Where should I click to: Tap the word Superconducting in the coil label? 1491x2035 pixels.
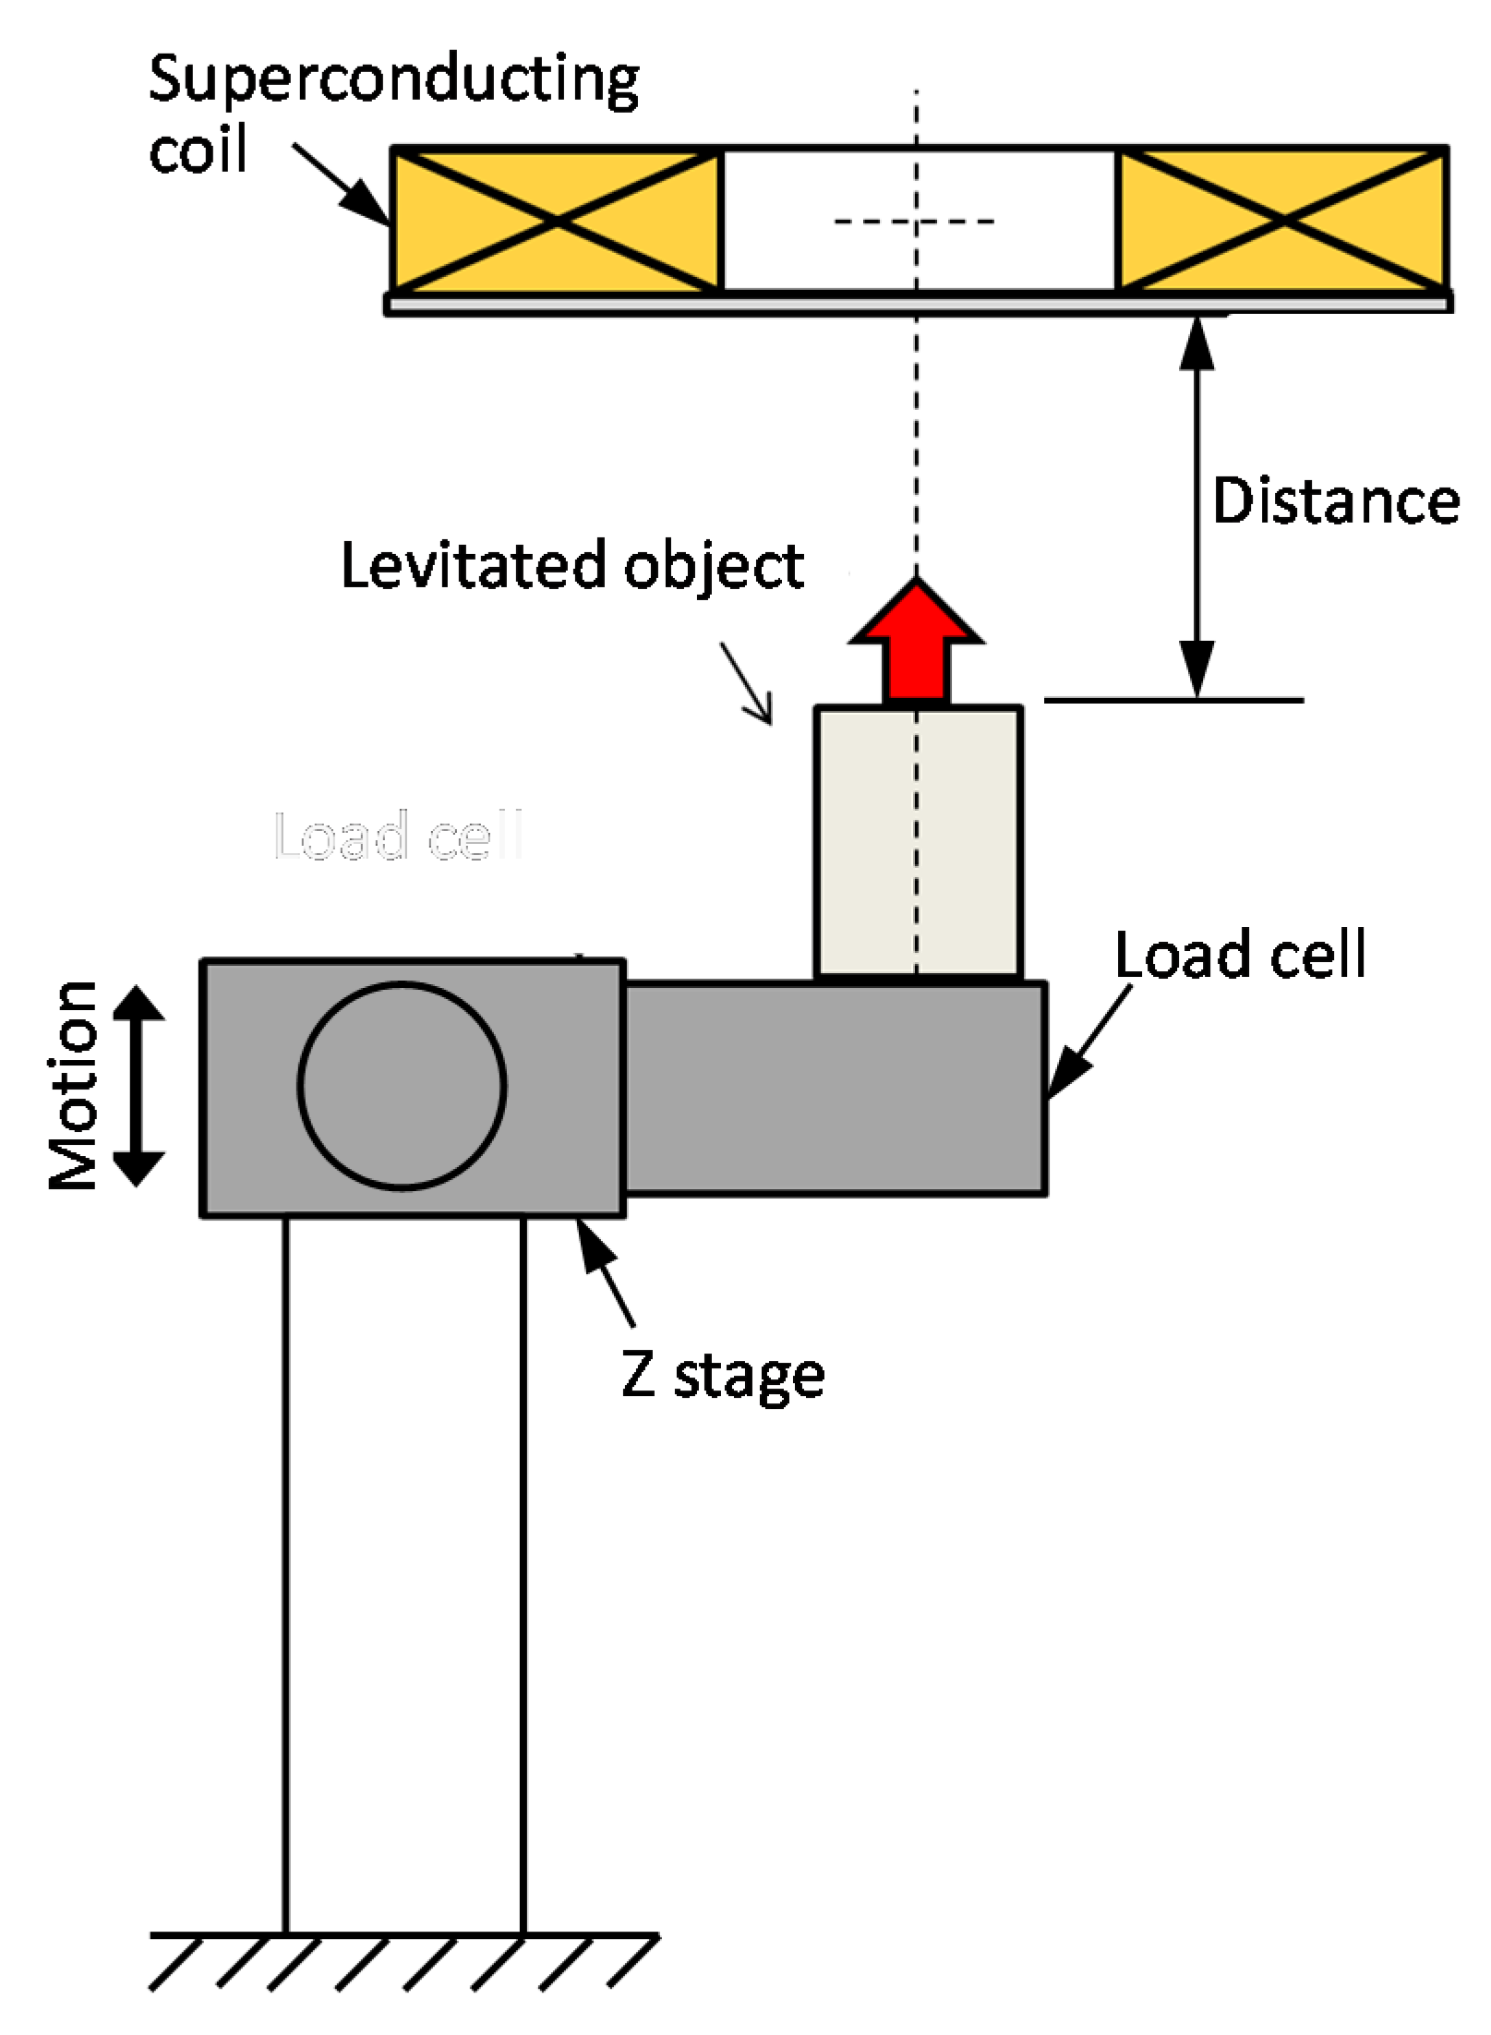click(x=393, y=79)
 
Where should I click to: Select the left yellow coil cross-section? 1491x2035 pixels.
click(x=556, y=220)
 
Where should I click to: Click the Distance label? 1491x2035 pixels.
click(x=1335, y=502)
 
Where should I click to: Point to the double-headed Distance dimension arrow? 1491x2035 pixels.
click(x=1197, y=508)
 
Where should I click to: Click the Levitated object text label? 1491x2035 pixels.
click(x=572, y=565)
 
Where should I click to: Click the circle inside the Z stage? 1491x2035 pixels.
click(x=402, y=1085)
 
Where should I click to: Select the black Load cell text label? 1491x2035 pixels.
click(x=1240, y=955)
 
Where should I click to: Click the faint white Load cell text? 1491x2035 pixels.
click(x=399, y=837)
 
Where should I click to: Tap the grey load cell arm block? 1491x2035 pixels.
click(x=836, y=1088)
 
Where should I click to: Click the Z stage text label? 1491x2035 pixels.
click(x=723, y=1376)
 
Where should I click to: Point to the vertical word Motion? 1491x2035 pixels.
click(x=74, y=1085)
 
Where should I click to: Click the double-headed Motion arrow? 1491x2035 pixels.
click(x=138, y=1085)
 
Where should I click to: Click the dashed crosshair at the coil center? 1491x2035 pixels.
click(x=916, y=222)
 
